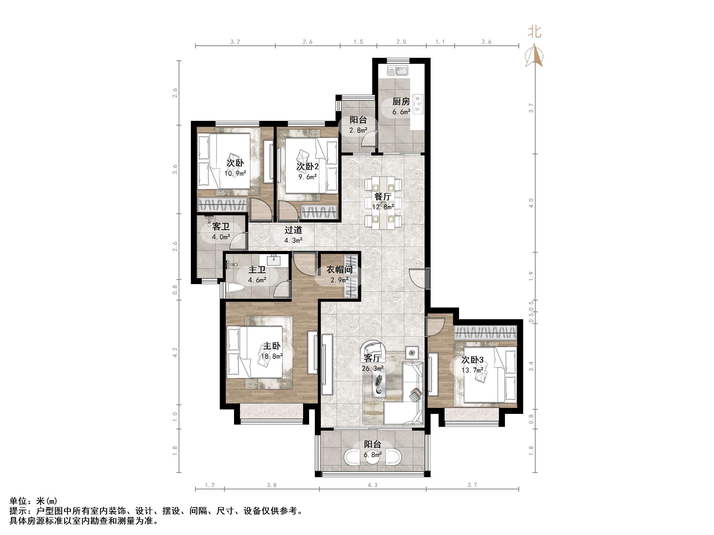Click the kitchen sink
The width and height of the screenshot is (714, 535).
tap(398, 71)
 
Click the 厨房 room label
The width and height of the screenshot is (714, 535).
tap(401, 102)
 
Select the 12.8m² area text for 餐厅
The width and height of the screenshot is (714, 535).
tap(383, 207)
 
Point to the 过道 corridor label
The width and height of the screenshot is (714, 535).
tap(293, 230)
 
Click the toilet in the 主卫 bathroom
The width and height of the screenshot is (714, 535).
tap(234, 288)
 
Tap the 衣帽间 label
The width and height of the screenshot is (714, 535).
tap(339, 270)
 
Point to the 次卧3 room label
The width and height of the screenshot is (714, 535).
tap(472, 360)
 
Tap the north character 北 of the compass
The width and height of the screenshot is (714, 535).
tap(534, 32)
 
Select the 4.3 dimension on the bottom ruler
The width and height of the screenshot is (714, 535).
tap(372, 485)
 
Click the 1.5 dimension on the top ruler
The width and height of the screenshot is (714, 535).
tap(358, 42)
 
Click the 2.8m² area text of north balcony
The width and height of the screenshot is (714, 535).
tap(358, 130)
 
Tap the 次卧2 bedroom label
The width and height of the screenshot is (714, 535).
tap(308, 166)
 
